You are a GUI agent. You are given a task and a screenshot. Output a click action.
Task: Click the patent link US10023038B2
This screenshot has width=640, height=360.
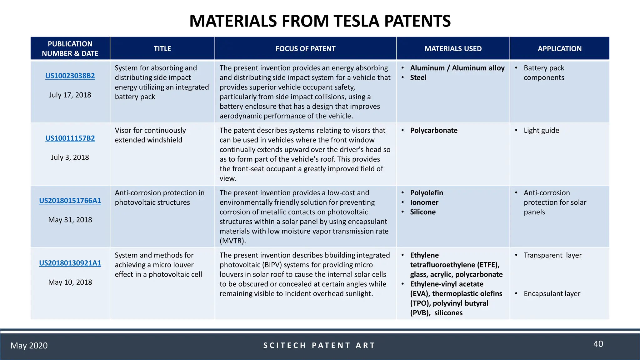tap(70, 76)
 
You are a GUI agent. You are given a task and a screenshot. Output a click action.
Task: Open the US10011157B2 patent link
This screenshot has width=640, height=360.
tap(70, 138)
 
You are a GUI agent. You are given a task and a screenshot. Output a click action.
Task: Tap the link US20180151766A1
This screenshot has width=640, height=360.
tap(70, 201)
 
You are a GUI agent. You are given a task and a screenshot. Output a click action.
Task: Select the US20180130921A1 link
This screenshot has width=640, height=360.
tap(70, 263)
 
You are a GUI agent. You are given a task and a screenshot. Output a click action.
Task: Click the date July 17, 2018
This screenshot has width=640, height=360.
tap(70, 95)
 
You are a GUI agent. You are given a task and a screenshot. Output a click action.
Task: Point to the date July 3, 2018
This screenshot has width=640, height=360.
tap(70, 157)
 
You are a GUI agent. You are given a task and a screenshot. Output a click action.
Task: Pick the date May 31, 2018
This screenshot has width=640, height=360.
tap(70, 220)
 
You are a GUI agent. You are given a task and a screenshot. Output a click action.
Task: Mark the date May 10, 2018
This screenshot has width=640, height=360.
tap(70, 282)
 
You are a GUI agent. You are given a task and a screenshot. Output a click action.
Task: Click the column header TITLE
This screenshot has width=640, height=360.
tap(162, 49)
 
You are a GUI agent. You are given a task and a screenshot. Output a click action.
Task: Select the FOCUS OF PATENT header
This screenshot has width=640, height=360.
tap(305, 49)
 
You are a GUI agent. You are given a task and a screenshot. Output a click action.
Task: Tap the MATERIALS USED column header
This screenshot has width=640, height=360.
tap(453, 49)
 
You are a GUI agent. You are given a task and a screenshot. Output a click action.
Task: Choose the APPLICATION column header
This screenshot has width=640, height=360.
tap(559, 49)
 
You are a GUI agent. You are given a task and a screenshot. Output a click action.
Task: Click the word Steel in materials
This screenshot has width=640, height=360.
tap(418, 78)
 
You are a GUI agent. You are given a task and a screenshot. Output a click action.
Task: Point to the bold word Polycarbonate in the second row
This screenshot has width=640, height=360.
tap(434, 131)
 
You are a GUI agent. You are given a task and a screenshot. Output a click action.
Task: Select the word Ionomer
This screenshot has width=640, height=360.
tap(424, 202)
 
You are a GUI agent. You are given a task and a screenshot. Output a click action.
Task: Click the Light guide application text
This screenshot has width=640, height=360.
tap(541, 131)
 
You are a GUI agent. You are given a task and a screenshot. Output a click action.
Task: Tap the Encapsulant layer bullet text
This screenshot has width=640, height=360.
tap(552, 294)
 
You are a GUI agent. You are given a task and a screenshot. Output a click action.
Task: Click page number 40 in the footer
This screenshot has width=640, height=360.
tap(598, 344)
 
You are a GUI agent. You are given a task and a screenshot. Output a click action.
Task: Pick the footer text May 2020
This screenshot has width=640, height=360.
tap(29, 346)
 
